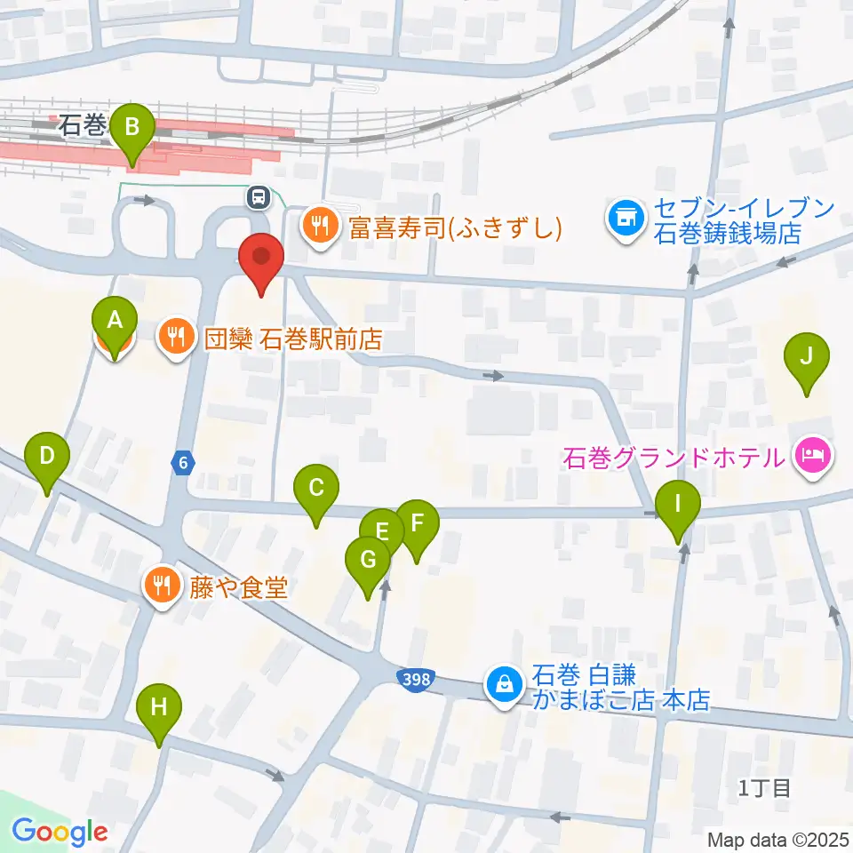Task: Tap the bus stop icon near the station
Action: pos(259,196)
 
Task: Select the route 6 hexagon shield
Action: pos(182,462)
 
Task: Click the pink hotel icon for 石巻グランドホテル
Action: pos(811,458)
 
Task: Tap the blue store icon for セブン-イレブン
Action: pos(625,218)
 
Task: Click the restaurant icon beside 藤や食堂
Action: pos(161,586)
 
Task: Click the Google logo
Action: pos(60,833)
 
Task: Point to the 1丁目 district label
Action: pos(764,787)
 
